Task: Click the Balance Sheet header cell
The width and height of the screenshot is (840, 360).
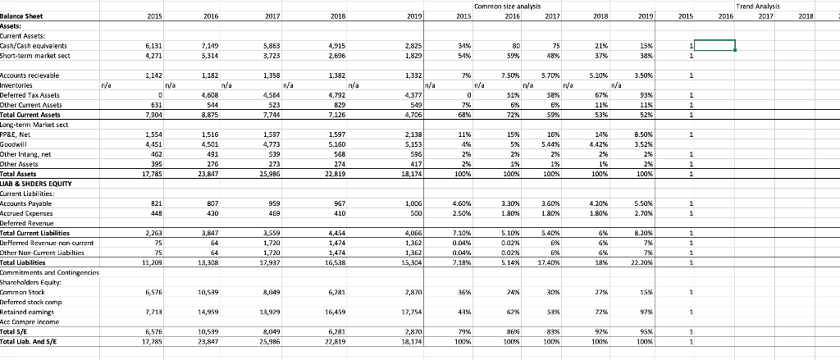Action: [23, 16]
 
